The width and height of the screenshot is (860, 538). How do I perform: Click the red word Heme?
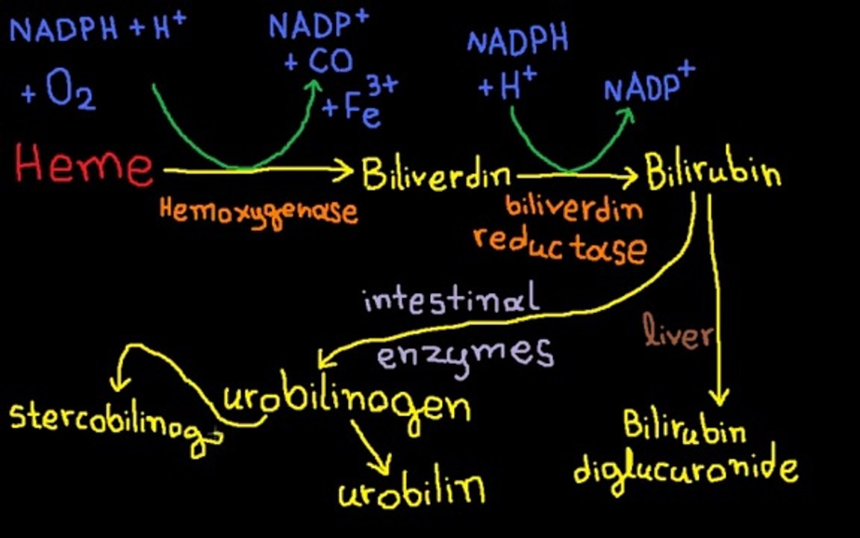pos(84,164)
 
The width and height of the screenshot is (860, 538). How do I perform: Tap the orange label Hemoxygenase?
pos(258,212)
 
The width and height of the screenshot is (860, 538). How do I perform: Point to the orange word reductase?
pos(560,247)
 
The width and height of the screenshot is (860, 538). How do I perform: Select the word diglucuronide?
pos(685,473)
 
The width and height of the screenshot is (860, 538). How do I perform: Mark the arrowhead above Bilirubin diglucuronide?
pos(720,396)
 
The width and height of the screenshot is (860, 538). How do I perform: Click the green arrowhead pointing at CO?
pos(314,88)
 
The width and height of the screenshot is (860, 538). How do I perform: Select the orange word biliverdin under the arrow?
pos(573,207)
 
